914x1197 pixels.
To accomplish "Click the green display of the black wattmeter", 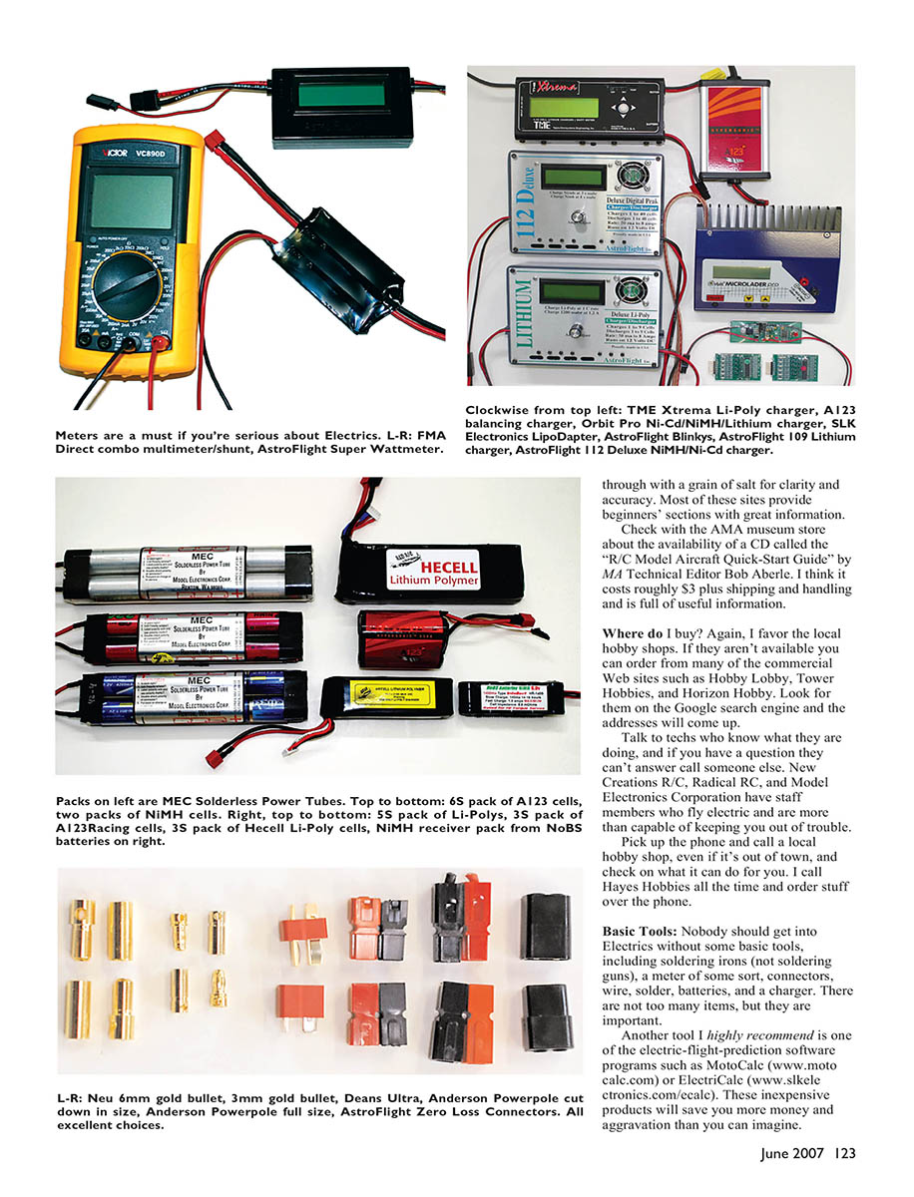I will tap(338, 97).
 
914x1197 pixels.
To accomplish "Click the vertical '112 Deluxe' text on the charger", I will tap(525, 199).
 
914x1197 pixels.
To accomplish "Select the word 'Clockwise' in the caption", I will tap(499, 410).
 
